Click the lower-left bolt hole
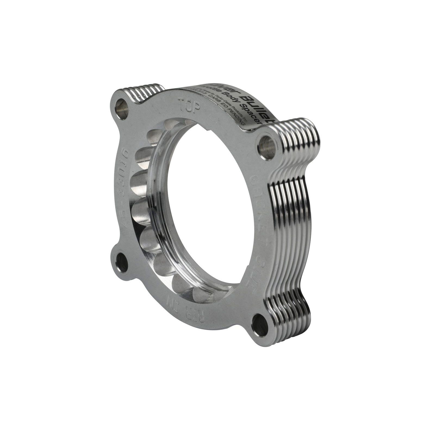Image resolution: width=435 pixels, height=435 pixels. click(122, 263)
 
